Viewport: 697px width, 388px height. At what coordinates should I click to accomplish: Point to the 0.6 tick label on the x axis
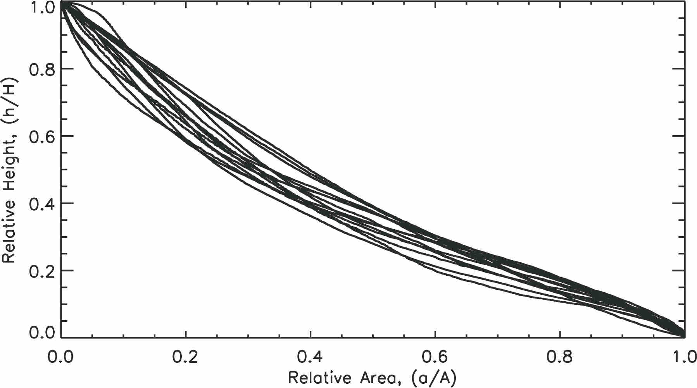(x=435, y=357)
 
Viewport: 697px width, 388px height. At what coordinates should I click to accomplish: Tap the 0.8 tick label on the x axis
(x=560, y=357)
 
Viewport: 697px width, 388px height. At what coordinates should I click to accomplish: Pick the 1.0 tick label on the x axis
(x=684, y=357)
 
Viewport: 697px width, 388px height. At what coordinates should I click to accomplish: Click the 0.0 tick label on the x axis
(x=61, y=357)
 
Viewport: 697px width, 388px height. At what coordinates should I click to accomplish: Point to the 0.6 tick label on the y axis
(x=42, y=136)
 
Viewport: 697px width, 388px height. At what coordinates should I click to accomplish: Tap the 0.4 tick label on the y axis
(x=42, y=203)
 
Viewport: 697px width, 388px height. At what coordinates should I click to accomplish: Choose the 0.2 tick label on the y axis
(x=42, y=271)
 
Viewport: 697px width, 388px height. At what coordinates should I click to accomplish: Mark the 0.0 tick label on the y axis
(x=42, y=333)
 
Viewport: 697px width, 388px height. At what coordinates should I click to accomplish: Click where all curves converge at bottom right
(x=684, y=336)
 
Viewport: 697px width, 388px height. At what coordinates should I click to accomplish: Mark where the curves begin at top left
(x=62, y=3)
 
